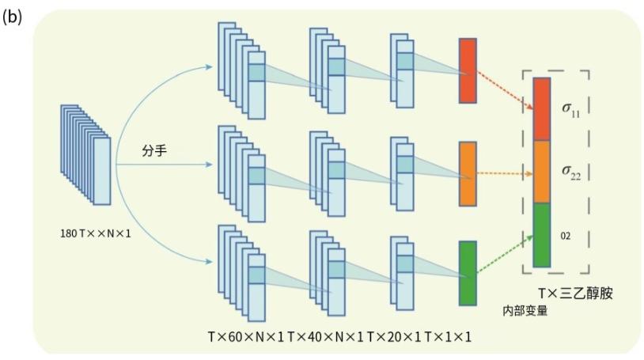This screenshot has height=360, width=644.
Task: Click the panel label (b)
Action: (13, 17)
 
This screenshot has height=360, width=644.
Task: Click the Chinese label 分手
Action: (154, 150)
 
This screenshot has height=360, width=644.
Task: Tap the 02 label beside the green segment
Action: (566, 236)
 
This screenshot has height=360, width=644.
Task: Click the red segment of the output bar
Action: (542, 108)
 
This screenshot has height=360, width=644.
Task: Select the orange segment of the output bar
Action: (542, 172)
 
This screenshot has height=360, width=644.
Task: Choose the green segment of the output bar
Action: (542, 235)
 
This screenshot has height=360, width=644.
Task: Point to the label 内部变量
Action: (526, 310)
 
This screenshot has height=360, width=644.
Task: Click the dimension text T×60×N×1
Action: (246, 337)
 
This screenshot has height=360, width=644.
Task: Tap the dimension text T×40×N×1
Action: (325, 337)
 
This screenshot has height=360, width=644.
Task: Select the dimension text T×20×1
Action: (394, 337)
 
